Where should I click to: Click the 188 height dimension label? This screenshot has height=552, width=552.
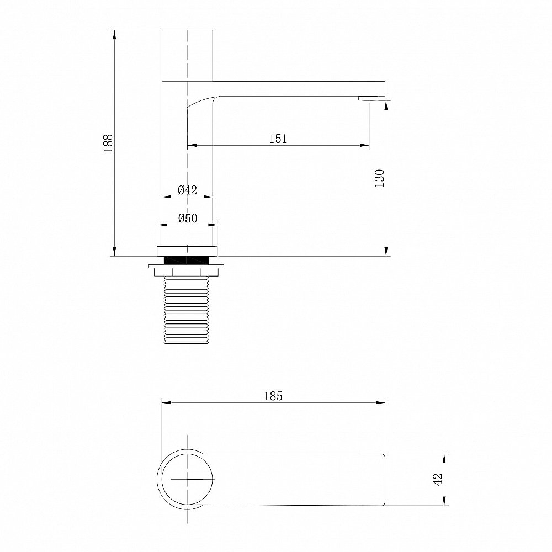pyautogui.click(x=108, y=143)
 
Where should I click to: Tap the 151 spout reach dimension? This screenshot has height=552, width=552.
pyautogui.click(x=278, y=139)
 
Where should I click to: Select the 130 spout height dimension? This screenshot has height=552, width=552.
pyautogui.click(x=380, y=178)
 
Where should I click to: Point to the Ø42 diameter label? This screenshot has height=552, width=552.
pyautogui.click(x=187, y=190)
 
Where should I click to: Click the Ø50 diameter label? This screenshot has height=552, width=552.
pyautogui.click(x=188, y=218)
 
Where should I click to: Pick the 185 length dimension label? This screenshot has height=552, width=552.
pyautogui.click(x=273, y=396)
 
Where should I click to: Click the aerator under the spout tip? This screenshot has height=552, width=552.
pyautogui.click(x=368, y=99)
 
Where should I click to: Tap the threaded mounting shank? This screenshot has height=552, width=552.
pyautogui.click(x=187, y=310)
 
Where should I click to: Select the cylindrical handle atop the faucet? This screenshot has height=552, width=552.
pyautogui.click(x=187, y=56)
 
